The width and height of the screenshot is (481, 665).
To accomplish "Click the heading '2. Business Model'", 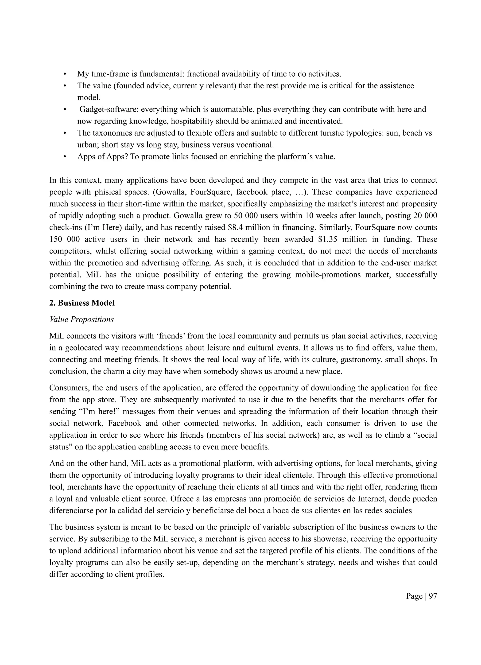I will pos(82,303).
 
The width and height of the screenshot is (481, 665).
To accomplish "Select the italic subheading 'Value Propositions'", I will pos(81,319).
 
